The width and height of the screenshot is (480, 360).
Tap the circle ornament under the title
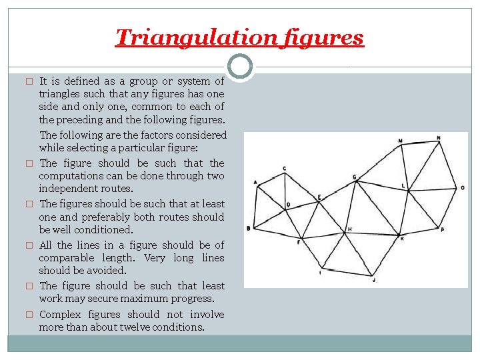(x=240, y=66)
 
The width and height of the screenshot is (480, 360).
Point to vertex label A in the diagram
(x=255, y=182)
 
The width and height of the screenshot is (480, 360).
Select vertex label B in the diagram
(x=248, y=229)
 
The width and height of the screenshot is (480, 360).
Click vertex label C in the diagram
(x=285, y=168)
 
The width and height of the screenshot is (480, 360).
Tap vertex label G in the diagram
(x=355, y=177)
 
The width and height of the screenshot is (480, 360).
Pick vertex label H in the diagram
(x=349, y=229)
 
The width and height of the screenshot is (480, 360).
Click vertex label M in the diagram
(x=400, y=141)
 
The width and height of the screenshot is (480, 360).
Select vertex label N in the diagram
(x=438, y=138)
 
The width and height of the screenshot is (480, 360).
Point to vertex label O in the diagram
(x=463, y=188)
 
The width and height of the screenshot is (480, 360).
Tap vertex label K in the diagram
(x=401, y=237)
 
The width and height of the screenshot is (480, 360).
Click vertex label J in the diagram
(x=375, y=281)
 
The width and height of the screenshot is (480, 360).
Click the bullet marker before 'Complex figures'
(x=29, y=315)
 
